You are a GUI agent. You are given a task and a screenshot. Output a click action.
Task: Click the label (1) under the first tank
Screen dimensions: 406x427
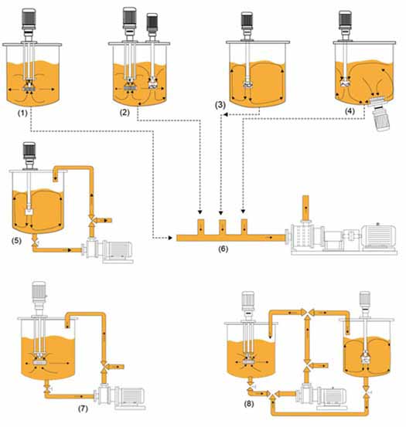(x=22, y=113)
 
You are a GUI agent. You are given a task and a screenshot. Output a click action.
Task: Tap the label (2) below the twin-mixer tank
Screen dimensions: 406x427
(x=125, y=113)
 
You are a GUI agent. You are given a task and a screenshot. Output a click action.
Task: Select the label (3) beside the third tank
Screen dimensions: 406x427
(x=220, y=105)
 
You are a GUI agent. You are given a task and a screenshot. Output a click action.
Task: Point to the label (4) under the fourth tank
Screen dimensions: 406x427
(x=350, y=111)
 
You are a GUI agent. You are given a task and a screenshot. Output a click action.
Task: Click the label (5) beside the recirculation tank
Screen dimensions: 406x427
(x=16, y=240)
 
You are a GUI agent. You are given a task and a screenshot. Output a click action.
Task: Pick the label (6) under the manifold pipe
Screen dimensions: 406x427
(x=223, y=249)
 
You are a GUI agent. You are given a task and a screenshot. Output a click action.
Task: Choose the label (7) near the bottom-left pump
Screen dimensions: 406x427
(x=83, y=408)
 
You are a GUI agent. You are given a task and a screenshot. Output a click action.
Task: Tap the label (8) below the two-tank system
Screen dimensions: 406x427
(x=249, y=404)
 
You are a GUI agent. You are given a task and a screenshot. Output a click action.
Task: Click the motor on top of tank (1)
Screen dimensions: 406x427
(x=29, y=19)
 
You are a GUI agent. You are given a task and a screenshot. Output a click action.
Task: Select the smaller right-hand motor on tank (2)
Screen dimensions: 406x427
(x=152, y=22)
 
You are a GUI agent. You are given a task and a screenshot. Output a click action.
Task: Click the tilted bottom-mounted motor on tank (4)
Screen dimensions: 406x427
(x=381, y=117)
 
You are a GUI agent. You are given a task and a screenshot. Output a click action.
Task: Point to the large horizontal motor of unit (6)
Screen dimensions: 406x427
(x=378, y=236)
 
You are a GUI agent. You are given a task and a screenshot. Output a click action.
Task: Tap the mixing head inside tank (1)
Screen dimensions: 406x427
(x=29, y=86)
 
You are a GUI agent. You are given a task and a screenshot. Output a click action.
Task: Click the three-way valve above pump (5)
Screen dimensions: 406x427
(x=92, y=219)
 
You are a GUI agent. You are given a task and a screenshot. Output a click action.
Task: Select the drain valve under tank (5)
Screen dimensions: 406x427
(x=35, y=242)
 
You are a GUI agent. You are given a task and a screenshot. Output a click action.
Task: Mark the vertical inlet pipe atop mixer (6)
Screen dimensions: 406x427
(x=305, y=208)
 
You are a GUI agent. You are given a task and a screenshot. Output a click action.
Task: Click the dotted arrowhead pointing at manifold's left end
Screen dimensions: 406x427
(x=170, y=238)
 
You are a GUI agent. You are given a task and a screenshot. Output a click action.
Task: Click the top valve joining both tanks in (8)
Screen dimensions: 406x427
(x=308, y=313)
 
